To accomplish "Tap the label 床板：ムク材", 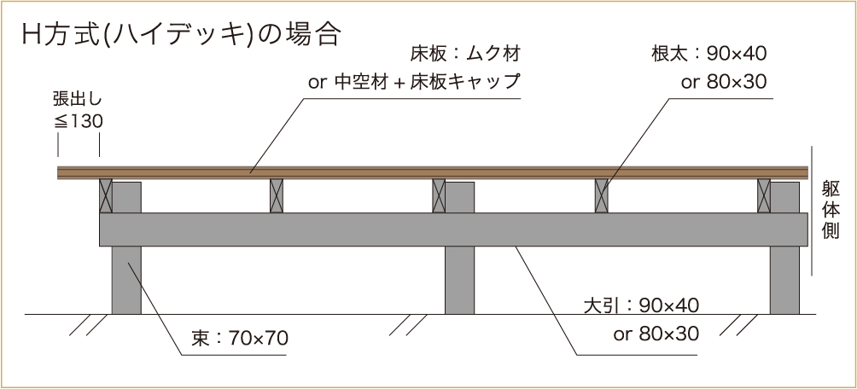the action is coord(464,54).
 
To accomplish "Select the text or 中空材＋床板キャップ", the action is coord(413,82).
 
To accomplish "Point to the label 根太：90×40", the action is coord(708,54).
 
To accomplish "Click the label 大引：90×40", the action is coord(642,305).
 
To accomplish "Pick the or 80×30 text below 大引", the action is coord(656,334).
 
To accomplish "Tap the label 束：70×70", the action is coord(240,339).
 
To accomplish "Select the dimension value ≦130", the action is coord(79,122).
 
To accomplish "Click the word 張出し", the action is coord(78,100).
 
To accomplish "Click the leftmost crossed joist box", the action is coord(106,195).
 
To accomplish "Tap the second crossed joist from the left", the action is coord(277,195).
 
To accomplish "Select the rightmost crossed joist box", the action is coord(764,195).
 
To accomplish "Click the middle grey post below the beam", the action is coord(459,281).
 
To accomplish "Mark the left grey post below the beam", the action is coord(126,281).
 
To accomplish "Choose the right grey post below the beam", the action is coord(784,281).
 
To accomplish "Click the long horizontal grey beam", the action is coord(453,229).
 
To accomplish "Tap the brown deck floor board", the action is coord(433,172).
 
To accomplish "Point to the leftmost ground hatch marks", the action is coord(87,324).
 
